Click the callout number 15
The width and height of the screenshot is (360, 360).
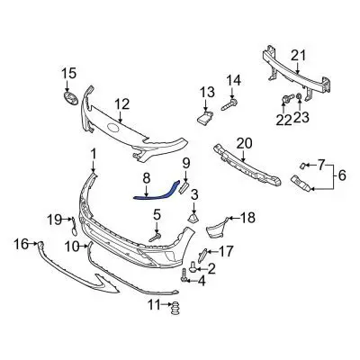[69, 73]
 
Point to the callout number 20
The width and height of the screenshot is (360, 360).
[244, 141]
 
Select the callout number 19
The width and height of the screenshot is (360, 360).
[54, 218]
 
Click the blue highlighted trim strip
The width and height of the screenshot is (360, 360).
[155, 185]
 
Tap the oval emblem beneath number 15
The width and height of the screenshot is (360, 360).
[70, 98]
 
